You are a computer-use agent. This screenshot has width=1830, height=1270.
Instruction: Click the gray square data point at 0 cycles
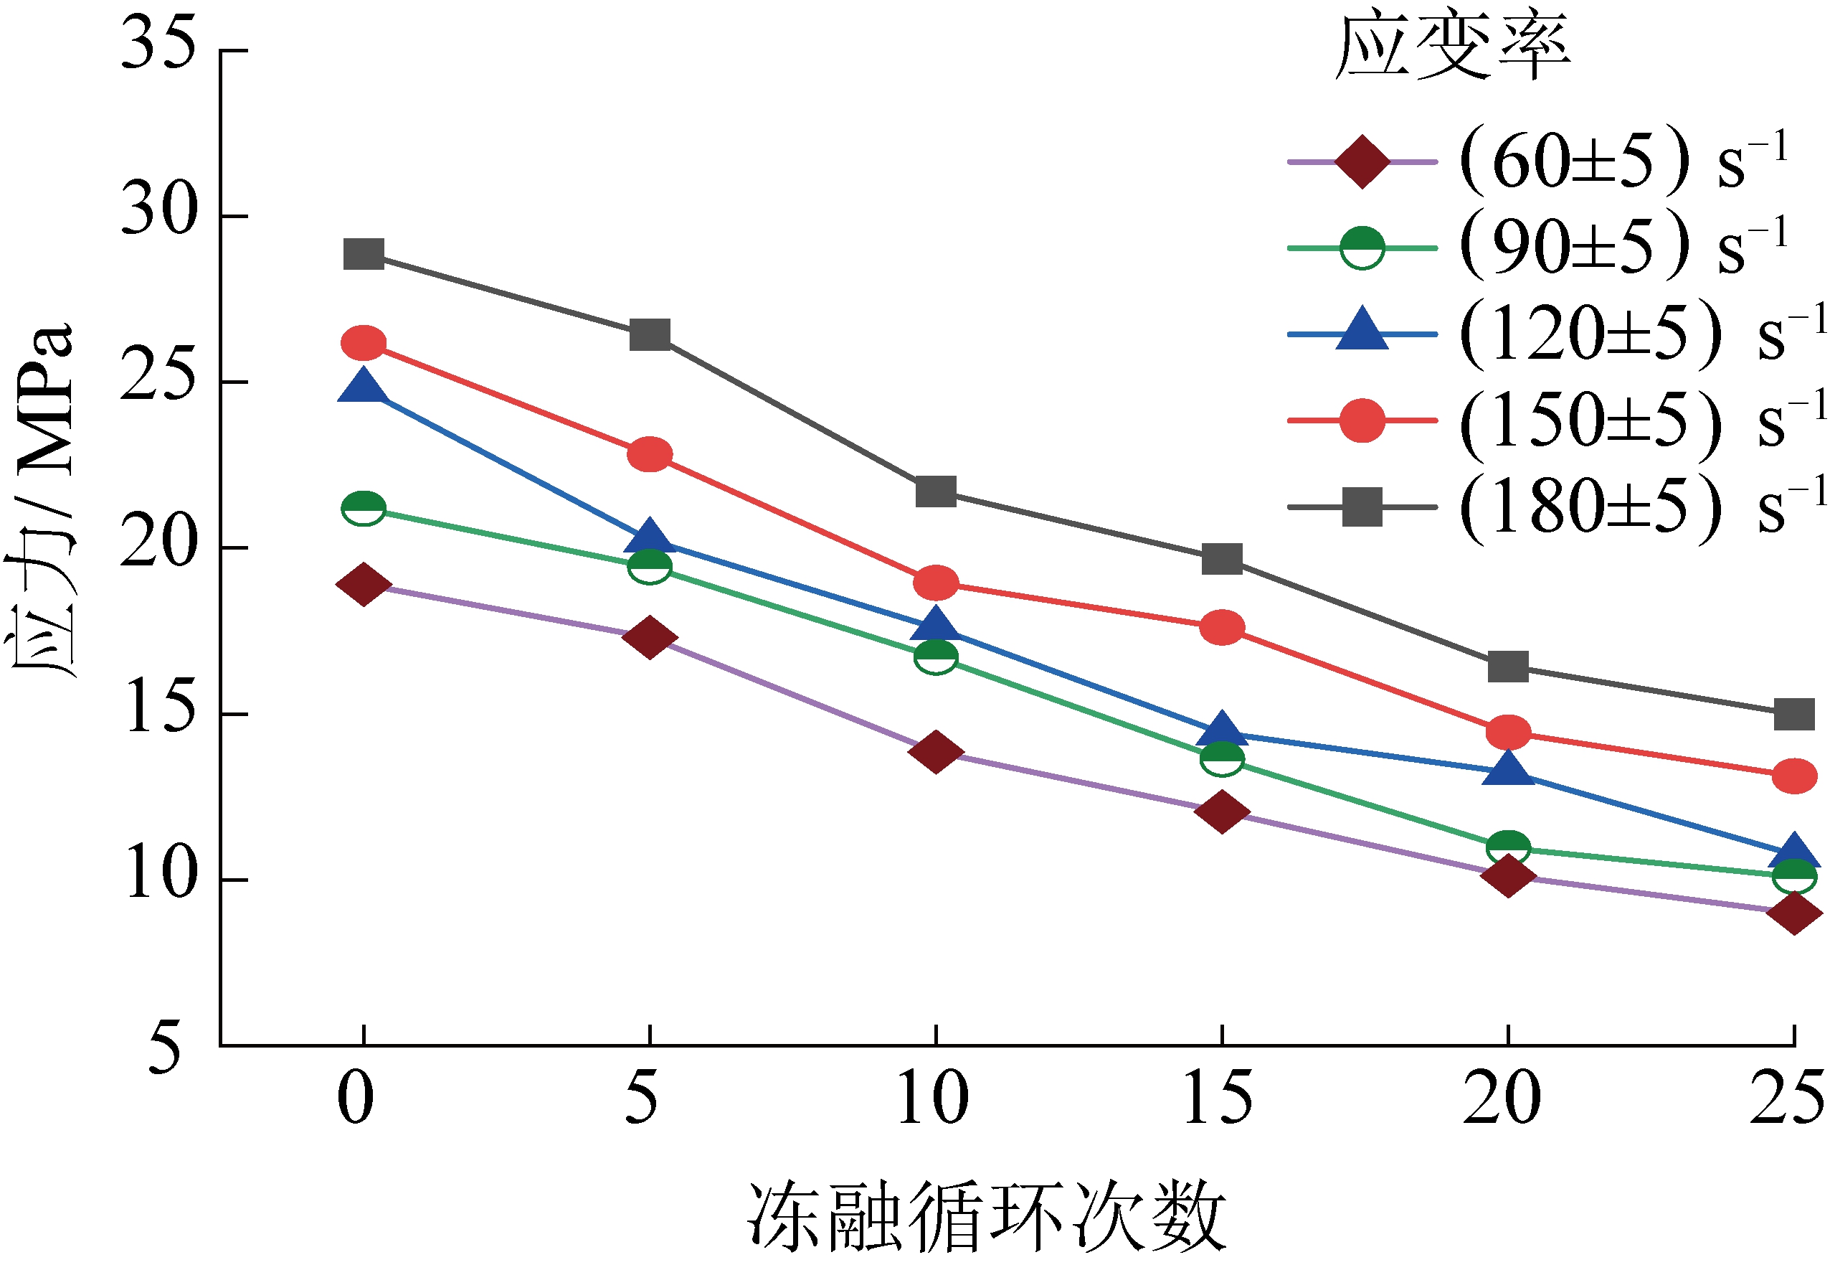click(x=364, y=255)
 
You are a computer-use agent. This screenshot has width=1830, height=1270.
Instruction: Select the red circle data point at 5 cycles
click(x=650, y=454)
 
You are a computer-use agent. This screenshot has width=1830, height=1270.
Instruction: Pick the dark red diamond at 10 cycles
click(x=935, y=751)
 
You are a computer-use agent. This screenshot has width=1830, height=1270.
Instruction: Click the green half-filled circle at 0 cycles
click(x=364, y=508)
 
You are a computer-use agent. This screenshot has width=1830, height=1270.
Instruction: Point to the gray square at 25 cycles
click(x=1794, y=715)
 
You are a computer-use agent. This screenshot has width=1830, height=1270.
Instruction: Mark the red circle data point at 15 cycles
click(x=1222, y=628)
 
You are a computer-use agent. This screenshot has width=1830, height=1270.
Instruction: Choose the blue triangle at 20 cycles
click(x=1508, y=769)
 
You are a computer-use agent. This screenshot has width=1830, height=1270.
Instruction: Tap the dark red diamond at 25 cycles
click(x=1794, y=913)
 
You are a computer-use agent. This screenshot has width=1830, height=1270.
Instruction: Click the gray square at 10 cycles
click(x=935, y=492)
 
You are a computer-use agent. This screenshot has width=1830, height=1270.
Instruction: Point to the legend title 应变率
click(x=1452, y=48)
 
